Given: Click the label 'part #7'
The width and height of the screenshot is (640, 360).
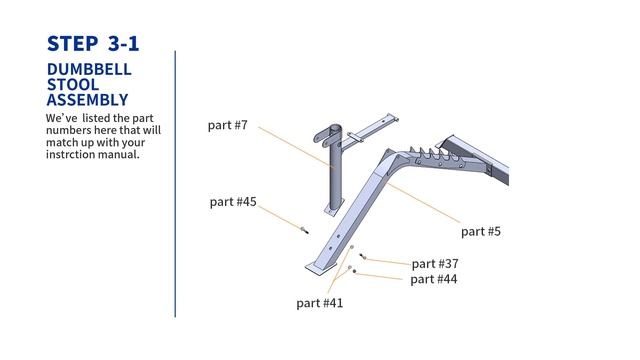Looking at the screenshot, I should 227,126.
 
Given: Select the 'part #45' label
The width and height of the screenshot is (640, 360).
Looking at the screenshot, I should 233,202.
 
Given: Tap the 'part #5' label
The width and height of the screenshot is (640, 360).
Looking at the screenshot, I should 481,232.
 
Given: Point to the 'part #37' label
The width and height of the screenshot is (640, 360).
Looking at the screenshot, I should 435,264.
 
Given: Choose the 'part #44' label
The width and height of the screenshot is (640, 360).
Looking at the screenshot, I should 434,279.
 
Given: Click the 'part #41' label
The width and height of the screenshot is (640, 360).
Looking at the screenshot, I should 320,302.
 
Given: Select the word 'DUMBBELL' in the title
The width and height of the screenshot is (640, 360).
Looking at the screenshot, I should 89,70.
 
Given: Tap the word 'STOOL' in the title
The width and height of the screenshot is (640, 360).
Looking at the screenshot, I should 72,85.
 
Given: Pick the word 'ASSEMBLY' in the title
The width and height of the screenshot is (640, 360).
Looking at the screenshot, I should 87,100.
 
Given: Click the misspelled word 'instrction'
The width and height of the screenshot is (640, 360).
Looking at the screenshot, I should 74,154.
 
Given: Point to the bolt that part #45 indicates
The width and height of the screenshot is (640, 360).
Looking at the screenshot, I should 302,231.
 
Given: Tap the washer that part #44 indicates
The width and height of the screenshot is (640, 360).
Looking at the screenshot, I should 350,268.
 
